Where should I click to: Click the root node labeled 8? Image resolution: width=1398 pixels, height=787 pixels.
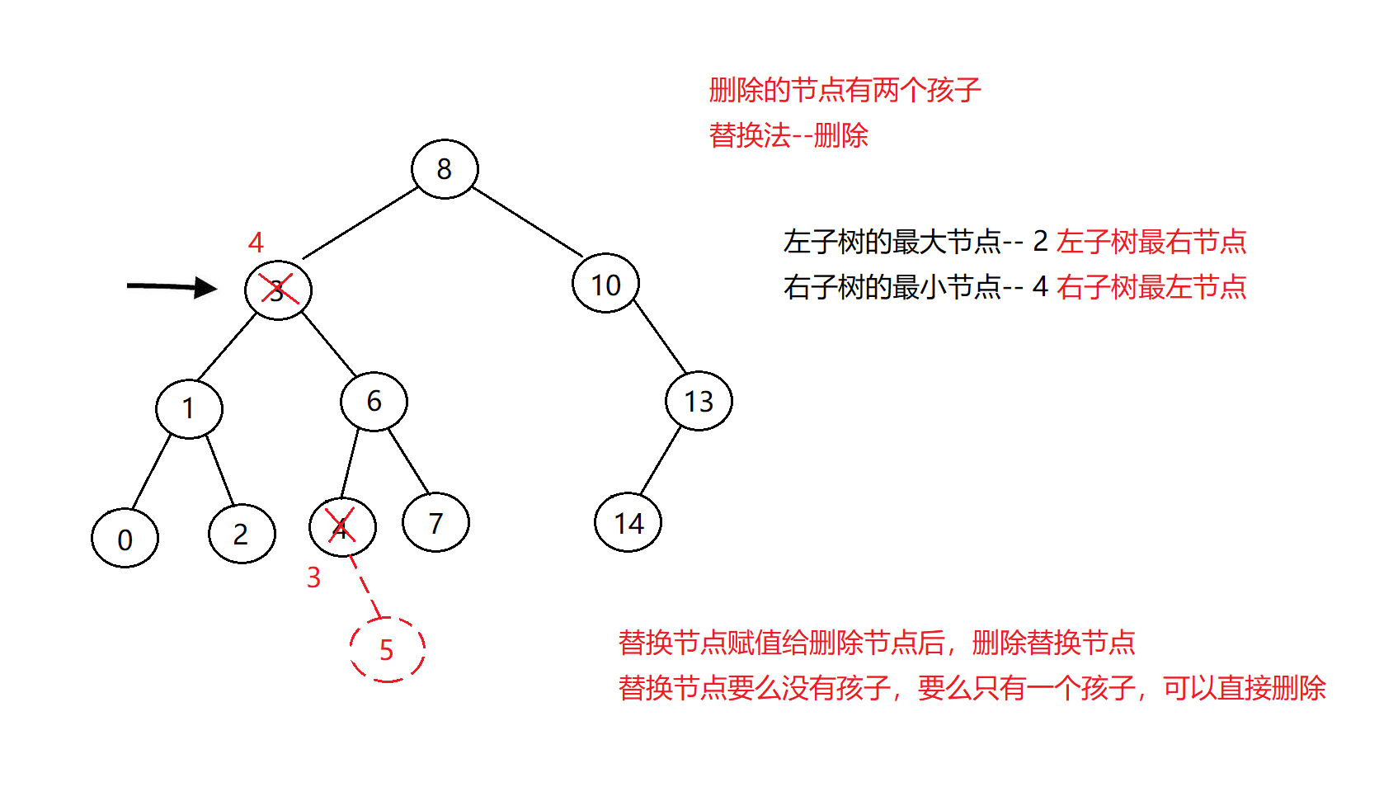coord(445,169)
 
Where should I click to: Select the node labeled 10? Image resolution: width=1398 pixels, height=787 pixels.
coord(605,284)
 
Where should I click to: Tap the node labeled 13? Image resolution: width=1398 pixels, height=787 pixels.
coord(699,401)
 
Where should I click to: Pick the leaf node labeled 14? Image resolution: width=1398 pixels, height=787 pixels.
coord(628,523)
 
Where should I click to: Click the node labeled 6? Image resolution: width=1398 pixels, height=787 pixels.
coord(374,401)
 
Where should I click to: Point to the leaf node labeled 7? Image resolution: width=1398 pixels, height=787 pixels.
coord(435,522)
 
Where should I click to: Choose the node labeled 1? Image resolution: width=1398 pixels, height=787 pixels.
coord(189,408)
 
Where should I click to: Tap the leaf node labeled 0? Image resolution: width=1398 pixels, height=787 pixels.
coord(125,539)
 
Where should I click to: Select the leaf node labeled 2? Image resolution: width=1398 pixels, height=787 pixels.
coord(242,535)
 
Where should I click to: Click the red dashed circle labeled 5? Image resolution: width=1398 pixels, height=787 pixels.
coord(387,650)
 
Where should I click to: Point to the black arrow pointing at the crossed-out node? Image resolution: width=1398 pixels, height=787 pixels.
coord(171,287)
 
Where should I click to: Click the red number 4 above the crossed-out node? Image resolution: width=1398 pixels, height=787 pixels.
coord(256,243)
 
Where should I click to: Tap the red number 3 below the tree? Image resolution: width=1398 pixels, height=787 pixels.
coord(313,577)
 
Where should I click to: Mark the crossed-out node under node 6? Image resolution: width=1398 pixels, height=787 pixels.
coord(342,526)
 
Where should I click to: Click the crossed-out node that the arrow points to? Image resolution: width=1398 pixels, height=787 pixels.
coord(278,290)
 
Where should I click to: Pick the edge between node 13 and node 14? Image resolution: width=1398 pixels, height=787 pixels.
coord(661,460)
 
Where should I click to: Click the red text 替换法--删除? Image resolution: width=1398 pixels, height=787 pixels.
coord(788,135)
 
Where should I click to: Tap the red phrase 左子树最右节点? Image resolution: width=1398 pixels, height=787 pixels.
coord(1151,242)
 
